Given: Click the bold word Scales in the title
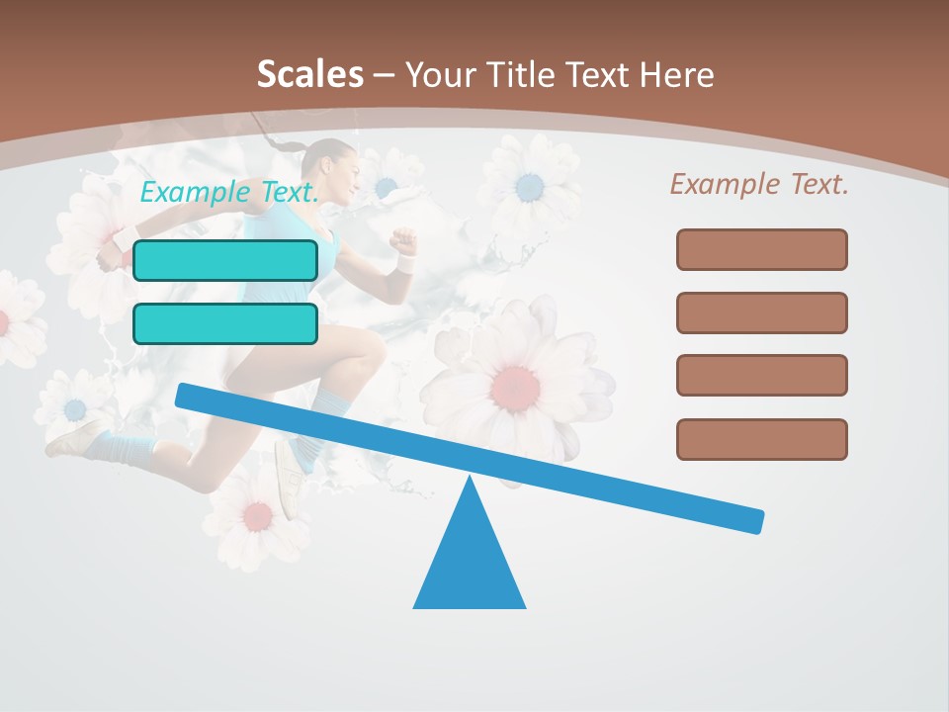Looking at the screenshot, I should [309, 74].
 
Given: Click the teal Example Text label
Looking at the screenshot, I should [229, 192].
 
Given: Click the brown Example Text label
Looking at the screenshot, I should [759, 184].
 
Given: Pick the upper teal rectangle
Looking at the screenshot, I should [225, 260].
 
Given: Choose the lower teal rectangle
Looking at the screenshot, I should [225, 323].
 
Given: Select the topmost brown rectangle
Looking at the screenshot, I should [761, 249].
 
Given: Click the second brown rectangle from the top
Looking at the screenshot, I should [761, 312].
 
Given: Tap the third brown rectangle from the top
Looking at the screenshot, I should [761, 375].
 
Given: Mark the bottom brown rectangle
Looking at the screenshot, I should [761, 439].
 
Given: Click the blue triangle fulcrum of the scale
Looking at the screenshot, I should [470, 559].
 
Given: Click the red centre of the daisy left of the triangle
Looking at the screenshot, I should [258, 514].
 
